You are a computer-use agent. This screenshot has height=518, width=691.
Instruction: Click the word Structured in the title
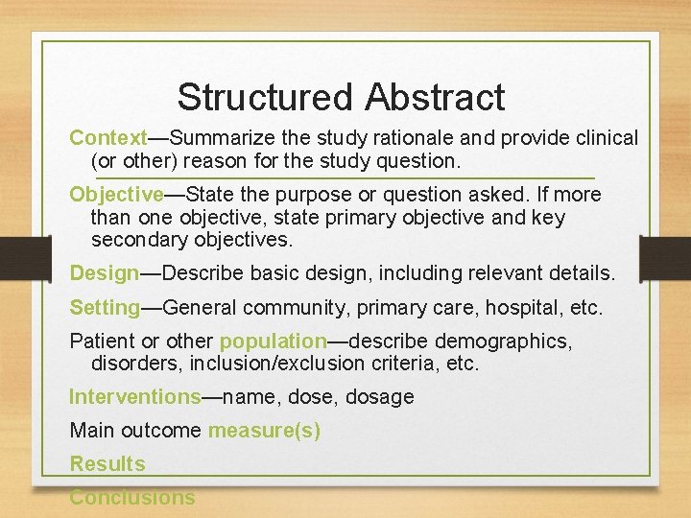[x=264, y=97]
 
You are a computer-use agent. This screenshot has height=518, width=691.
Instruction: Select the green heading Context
[x=107, y=138]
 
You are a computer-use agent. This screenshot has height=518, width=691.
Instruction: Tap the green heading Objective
[x=116, y=195]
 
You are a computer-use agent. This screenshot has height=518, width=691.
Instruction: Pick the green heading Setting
[x=105, y=308]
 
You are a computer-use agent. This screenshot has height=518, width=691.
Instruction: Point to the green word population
[x=274, y=341]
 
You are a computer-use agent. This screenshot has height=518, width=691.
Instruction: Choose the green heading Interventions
[x=135, y=397]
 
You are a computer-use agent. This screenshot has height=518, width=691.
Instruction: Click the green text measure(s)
[x=264, y=431]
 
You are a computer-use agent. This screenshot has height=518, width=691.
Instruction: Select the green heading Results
[x=107, y=464]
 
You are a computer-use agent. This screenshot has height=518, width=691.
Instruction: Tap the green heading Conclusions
[x=131, y=498]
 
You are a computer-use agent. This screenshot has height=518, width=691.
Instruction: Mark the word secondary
[x=136, y=240]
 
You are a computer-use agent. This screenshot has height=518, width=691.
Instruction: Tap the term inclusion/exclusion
[x=277, y=364]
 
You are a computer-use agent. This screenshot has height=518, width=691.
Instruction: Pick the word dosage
[x=380, y=397]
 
